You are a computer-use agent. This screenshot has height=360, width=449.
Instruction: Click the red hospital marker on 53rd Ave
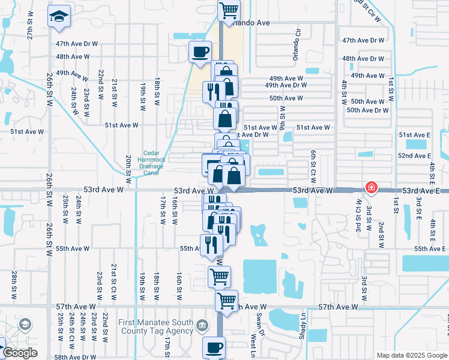[372, 188]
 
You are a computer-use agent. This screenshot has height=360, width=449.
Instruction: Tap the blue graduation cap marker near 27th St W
[59, 16]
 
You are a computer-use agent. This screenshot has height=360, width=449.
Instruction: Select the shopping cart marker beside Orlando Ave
[228, 10]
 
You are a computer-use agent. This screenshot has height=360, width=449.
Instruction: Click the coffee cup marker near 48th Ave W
[200, 52]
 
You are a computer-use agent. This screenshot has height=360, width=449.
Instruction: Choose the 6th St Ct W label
[313, 163]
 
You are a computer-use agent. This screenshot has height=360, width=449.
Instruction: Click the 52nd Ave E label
[414, 156]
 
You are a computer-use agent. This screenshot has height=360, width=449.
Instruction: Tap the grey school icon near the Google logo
[25, 325]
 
